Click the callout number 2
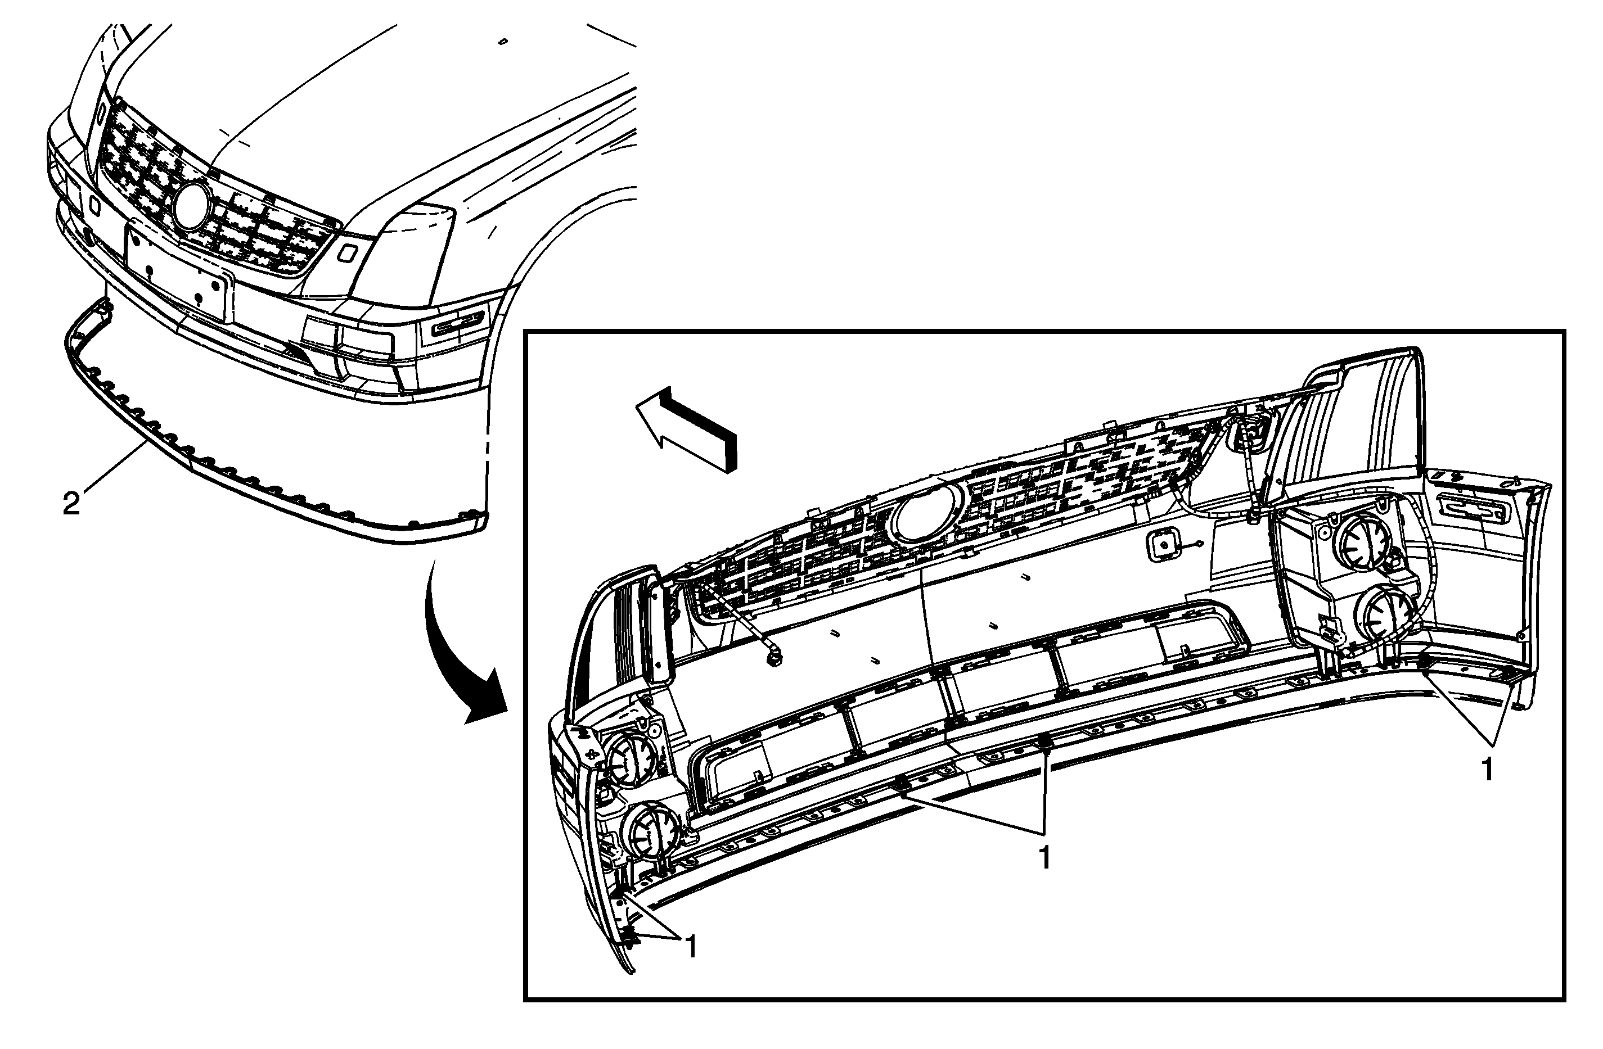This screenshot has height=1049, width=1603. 71,504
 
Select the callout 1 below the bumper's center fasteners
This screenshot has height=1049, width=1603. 1044,858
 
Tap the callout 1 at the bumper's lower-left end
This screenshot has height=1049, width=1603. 690,948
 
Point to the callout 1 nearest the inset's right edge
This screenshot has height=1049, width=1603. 1488,770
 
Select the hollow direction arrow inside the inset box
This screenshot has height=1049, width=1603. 686,428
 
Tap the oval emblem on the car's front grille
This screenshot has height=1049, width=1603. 192,205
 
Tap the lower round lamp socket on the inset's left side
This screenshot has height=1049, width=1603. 649,832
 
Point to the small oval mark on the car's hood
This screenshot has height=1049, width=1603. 502,42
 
